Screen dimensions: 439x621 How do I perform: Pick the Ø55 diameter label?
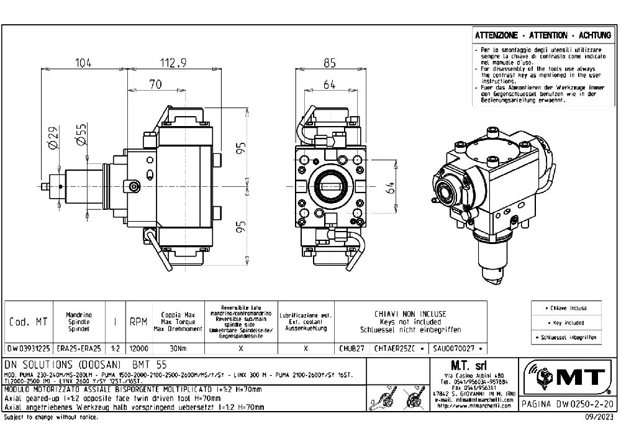(81, 136)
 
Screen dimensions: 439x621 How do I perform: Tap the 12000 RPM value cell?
(138, 349)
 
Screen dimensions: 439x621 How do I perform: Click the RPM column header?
(138, 322)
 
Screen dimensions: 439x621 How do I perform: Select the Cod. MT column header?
(28, 322)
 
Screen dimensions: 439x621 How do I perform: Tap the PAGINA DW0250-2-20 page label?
(567, 404)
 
